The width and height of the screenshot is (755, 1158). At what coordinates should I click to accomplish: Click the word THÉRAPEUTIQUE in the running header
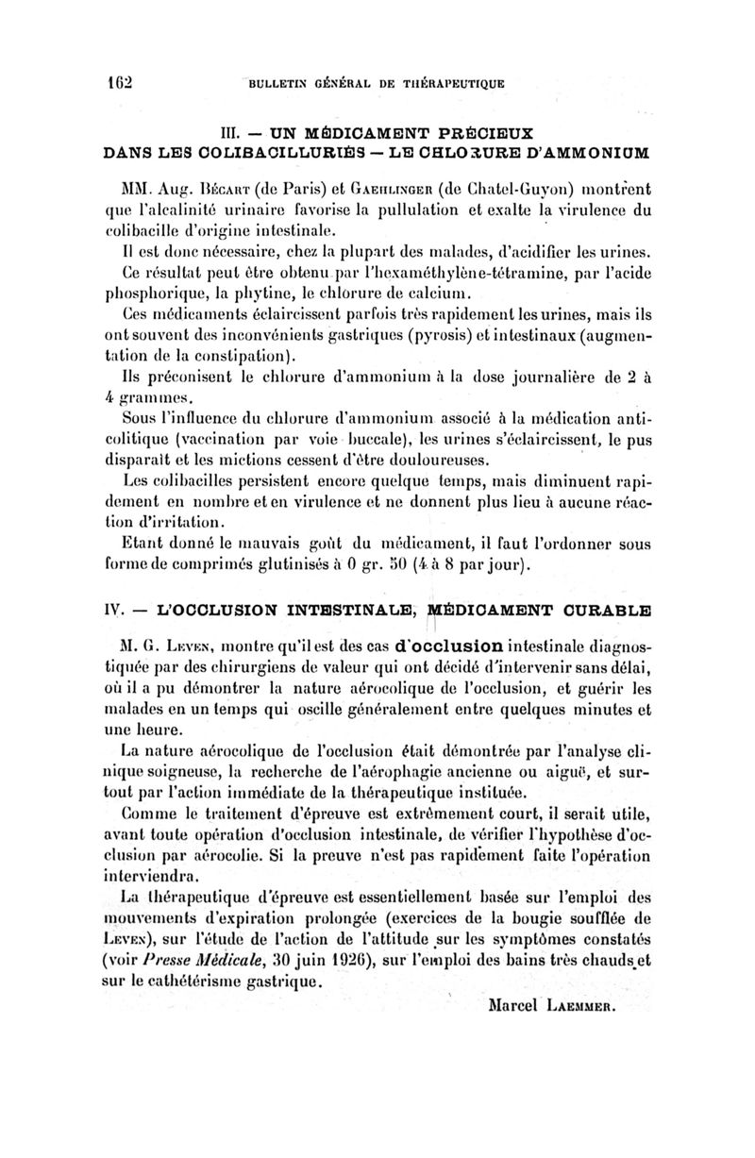[x=442, y=83]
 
